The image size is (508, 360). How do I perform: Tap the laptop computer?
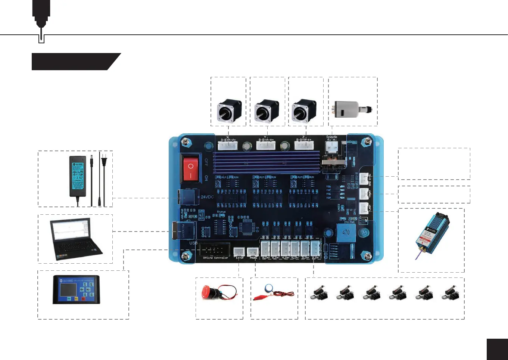[76, 239]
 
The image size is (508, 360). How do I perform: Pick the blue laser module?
[432, 234]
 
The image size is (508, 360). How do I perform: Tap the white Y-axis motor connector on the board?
[266, 145]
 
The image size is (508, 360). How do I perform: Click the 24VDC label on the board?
[207, 197]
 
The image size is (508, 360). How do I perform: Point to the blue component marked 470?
[346, 233]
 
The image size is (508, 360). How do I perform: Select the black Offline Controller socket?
[214, 249]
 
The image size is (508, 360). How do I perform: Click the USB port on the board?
[184, 230]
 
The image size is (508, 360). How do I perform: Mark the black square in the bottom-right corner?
[497, 349]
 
